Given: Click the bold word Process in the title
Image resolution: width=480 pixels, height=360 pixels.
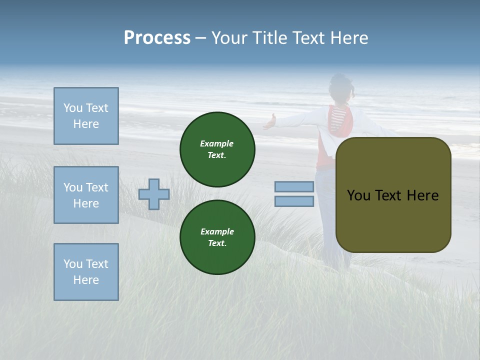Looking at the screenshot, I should click(x=157, y=38).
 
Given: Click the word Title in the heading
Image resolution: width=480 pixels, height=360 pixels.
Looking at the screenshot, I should click(x=268, y=38).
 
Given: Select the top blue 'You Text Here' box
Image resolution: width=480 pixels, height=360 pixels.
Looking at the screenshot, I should click(x=86, y=116).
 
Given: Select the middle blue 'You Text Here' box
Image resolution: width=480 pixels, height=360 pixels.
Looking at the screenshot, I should click(x=86, y=195).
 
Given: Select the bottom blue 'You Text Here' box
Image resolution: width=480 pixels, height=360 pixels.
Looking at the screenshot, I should click(x=86, y=272).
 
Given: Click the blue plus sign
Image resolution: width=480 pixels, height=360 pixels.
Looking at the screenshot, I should click(x=154, y=194).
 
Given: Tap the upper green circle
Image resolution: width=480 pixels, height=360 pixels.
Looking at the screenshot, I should click(x=217, y=149).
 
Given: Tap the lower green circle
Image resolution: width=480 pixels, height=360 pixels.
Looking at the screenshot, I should click(x=217, y=237).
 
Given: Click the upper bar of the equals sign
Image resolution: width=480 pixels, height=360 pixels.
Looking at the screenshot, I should click(x=294, y=187).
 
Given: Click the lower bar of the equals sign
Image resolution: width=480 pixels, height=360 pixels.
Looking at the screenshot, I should click(x=294, y=201).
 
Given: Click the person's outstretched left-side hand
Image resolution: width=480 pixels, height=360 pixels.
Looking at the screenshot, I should click(x=270, y=122).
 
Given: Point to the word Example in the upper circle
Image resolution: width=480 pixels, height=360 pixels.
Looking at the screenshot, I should click(x=217, y=143).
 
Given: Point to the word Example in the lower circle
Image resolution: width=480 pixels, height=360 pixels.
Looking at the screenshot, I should click(x=217, y=231).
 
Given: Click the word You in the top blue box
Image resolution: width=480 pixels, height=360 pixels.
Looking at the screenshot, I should click(x=73, y=108).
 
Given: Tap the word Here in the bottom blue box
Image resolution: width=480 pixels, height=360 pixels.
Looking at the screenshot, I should click(x=86, y=280).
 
